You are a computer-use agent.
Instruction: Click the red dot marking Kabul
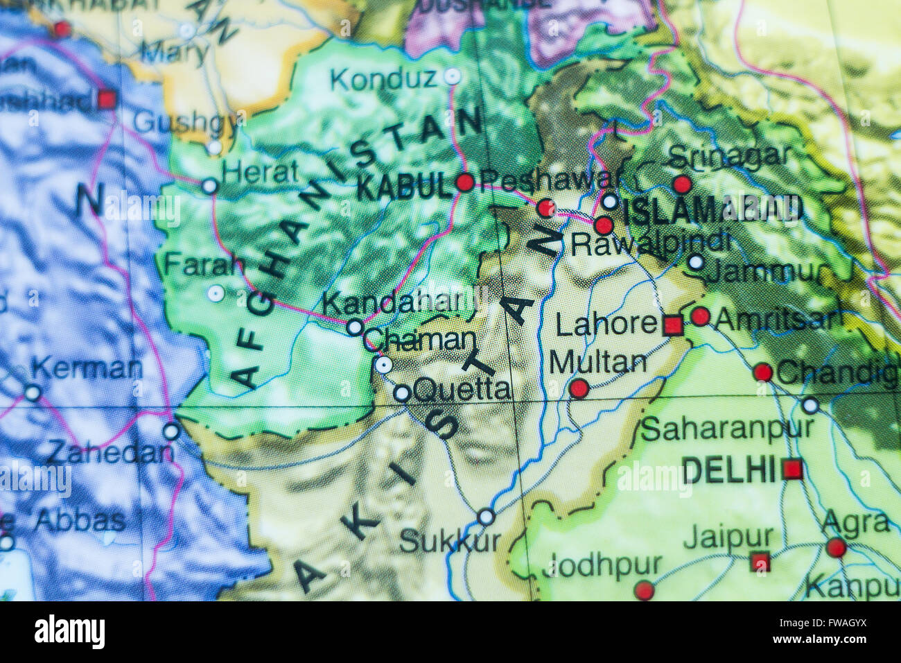tap(465, 182)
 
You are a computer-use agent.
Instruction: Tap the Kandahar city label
tap(392, 303)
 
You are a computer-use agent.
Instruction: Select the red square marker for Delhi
tap(792, 470)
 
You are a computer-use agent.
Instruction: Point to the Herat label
tap(260, 172)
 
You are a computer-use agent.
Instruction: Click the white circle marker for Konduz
tap(452, 76)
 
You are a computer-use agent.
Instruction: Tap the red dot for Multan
tap(579, 388)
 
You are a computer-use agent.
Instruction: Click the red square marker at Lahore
tap(672, 325)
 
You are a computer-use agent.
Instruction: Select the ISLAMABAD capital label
tap(712, 210)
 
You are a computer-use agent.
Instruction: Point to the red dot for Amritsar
tap(700, 316)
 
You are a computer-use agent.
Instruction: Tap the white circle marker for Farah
tap(216, 293)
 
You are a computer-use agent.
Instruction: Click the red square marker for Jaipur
tap(760, 561)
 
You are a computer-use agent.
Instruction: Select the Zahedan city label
tap(110, 453)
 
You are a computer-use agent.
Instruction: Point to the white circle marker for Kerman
tap(33, 393)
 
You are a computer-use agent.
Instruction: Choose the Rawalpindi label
tap(649, 243)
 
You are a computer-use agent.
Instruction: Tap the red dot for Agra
tap(836, 547)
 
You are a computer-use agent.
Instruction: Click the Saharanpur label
tap(726, 429)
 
